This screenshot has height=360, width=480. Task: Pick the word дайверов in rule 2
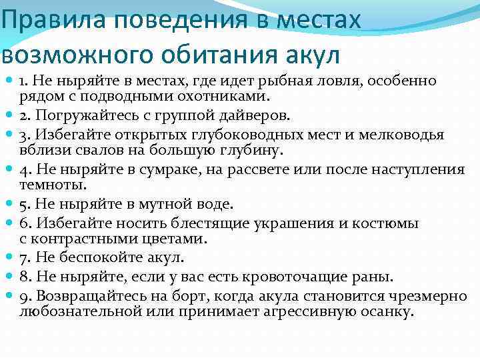point(257,115)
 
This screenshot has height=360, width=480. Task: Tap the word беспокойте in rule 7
point(103,257)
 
